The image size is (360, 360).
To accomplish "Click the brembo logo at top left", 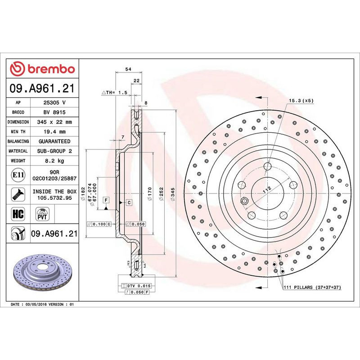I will click(x=42, y=69).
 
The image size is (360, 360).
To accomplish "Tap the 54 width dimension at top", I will click(x=128, y=69).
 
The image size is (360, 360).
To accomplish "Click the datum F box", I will click(x=106, y=199).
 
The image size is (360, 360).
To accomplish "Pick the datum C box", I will click(x=129, y=203).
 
